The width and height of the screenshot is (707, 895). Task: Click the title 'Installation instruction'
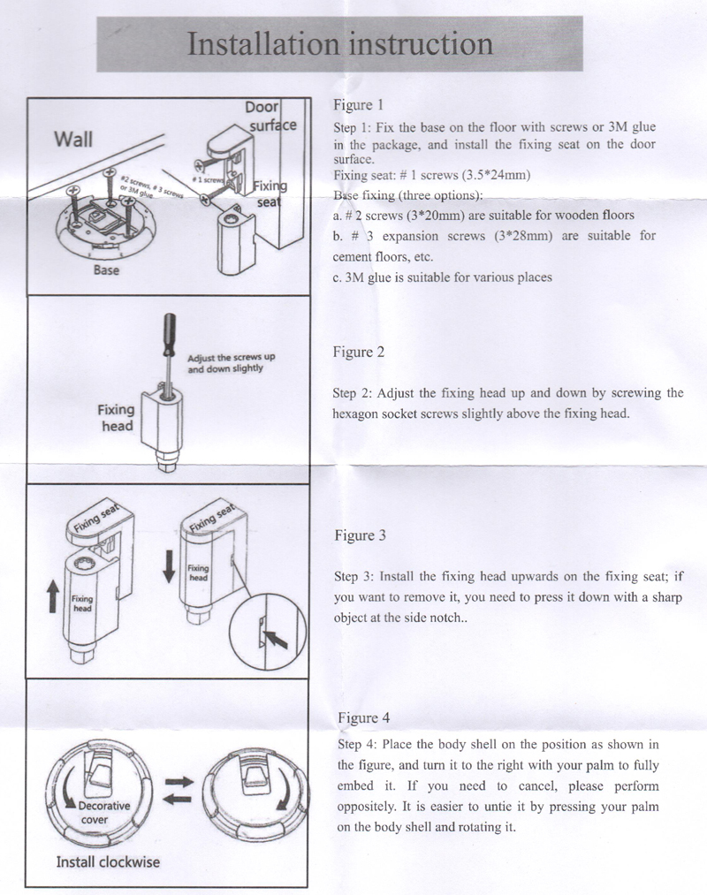340,44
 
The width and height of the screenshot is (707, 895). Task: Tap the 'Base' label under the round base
107,270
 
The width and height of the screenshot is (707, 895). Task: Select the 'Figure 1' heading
359,103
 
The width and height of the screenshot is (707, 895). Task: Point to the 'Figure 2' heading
359,352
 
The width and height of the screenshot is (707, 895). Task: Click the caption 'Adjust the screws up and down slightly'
232,362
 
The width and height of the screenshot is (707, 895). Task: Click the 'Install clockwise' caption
109,861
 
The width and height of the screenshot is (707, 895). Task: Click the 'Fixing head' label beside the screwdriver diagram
116,417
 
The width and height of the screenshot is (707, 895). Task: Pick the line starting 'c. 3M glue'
443,277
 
